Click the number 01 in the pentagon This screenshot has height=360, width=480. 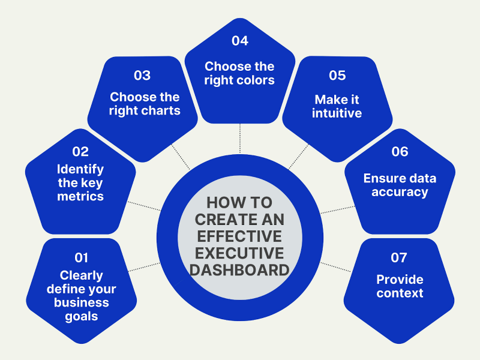[81, 257]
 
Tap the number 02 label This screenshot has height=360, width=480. [80, 152]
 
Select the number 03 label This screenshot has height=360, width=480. [142, 76]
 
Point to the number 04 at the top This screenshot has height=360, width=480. [240, 41]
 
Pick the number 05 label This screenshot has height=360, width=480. [337, 76]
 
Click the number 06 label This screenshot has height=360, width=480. [400, 152]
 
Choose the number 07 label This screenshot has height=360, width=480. [399, 257]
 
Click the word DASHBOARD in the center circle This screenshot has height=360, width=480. [240, 270]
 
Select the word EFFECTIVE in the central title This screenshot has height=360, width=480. [240, 234]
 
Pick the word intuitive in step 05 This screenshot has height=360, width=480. [337, 113]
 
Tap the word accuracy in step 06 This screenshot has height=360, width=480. [400, 192]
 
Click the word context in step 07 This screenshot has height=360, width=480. [400, 293]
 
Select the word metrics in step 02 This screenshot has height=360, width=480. [80, 196]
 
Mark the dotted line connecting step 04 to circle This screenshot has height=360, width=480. [240, 138]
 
